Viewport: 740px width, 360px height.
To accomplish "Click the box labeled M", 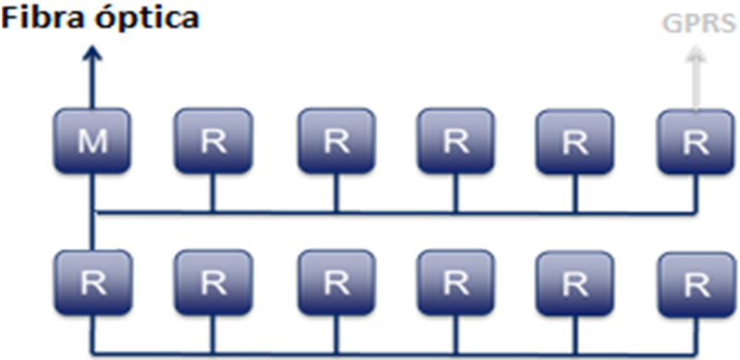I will pyautogui.click(x=92, y=142).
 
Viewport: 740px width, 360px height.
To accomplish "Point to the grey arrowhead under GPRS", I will pyautogui.click(x=695, y=56).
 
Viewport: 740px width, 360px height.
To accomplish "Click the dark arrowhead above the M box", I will pyautogui.click(x=92, y=57).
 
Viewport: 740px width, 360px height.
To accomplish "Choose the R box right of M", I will pyautogui.click(x=214, y=142).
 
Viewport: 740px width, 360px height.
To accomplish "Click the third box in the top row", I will pyautogui.click(x=336, y=142).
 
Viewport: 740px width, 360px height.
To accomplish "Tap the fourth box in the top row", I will pyautogui.click(x=454, y=142).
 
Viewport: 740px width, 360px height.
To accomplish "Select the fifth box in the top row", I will pyautogui.click(x=574, y=142).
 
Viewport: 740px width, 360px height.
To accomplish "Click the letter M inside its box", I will pyautogui.click(x=92, y=142).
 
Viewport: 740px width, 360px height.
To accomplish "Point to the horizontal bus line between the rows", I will pyautogui.click(x=398, y=213).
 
